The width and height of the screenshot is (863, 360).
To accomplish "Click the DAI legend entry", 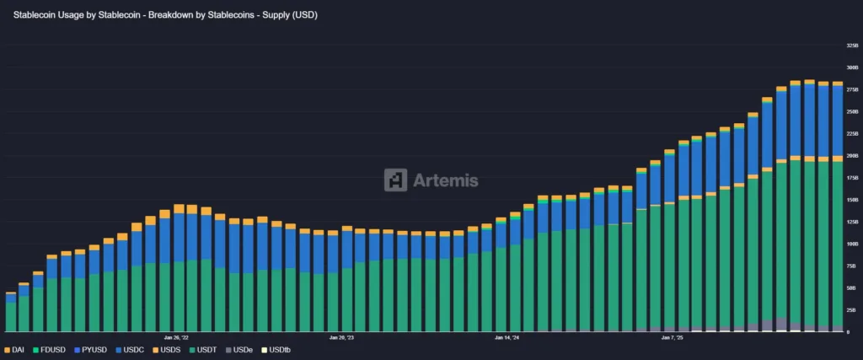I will click(15, 349).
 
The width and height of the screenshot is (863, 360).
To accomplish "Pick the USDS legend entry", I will click(169, 349).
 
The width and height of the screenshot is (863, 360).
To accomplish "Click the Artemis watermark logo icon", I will click(396, 180).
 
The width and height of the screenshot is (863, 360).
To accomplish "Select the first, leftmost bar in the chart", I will click(11, 314).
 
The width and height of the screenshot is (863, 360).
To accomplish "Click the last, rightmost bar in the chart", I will click(838, 244).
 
